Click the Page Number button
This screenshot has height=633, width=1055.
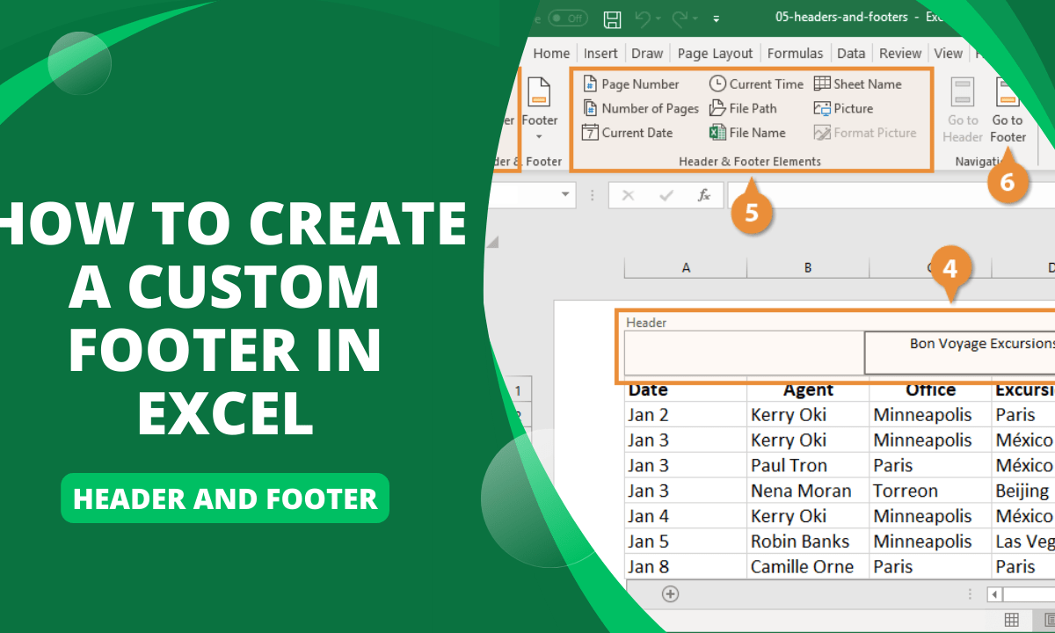pyautogui.click(x=631, y=84)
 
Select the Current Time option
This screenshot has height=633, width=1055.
pyautogui.click(x=756, y=84)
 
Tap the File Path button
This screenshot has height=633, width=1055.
pyautogui.click(x=743, y=108)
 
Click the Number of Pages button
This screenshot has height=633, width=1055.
pyautogui.click(x=641, y=108)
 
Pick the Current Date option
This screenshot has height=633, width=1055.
pyautogui.click(x=628, y=133)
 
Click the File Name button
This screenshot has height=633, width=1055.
pyautogui.click(x=747, y=133)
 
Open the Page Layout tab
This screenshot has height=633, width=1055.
pyautogui.click(x=715, y=54)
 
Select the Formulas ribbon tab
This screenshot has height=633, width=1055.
pyautogui.click(x=795, y=54)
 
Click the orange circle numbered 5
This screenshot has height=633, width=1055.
pyautogui.click(x=752, y=212)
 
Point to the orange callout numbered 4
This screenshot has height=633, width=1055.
pyautogui.click(x=949, y=268)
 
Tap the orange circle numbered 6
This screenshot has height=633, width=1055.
pyautogui.click(x=1008, y=181)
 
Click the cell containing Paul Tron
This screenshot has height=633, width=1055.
pyautogui.click(x=788, y=465)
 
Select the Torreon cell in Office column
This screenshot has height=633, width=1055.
pyautogui.click(x=906, y=491)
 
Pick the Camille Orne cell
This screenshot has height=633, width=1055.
pyautogui.click(x=802, y=567)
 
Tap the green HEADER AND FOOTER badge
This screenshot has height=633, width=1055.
pyautogui.click(x=225, y=498)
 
